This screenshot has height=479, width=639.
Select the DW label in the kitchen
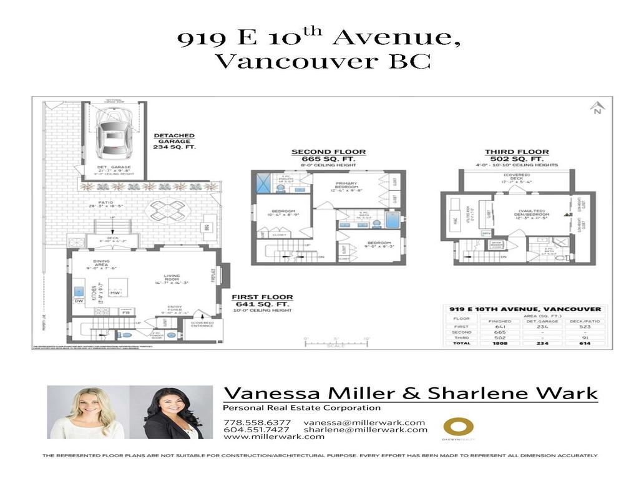click(79, 301)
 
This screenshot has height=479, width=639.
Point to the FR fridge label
click(125, 312)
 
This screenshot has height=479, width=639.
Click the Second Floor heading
click(329, 152)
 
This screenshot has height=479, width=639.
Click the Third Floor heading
click(517, 152)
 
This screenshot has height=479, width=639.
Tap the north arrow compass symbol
click(597, 107)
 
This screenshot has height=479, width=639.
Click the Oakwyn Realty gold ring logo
click(458, 427)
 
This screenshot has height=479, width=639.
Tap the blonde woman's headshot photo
click(87, 412)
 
